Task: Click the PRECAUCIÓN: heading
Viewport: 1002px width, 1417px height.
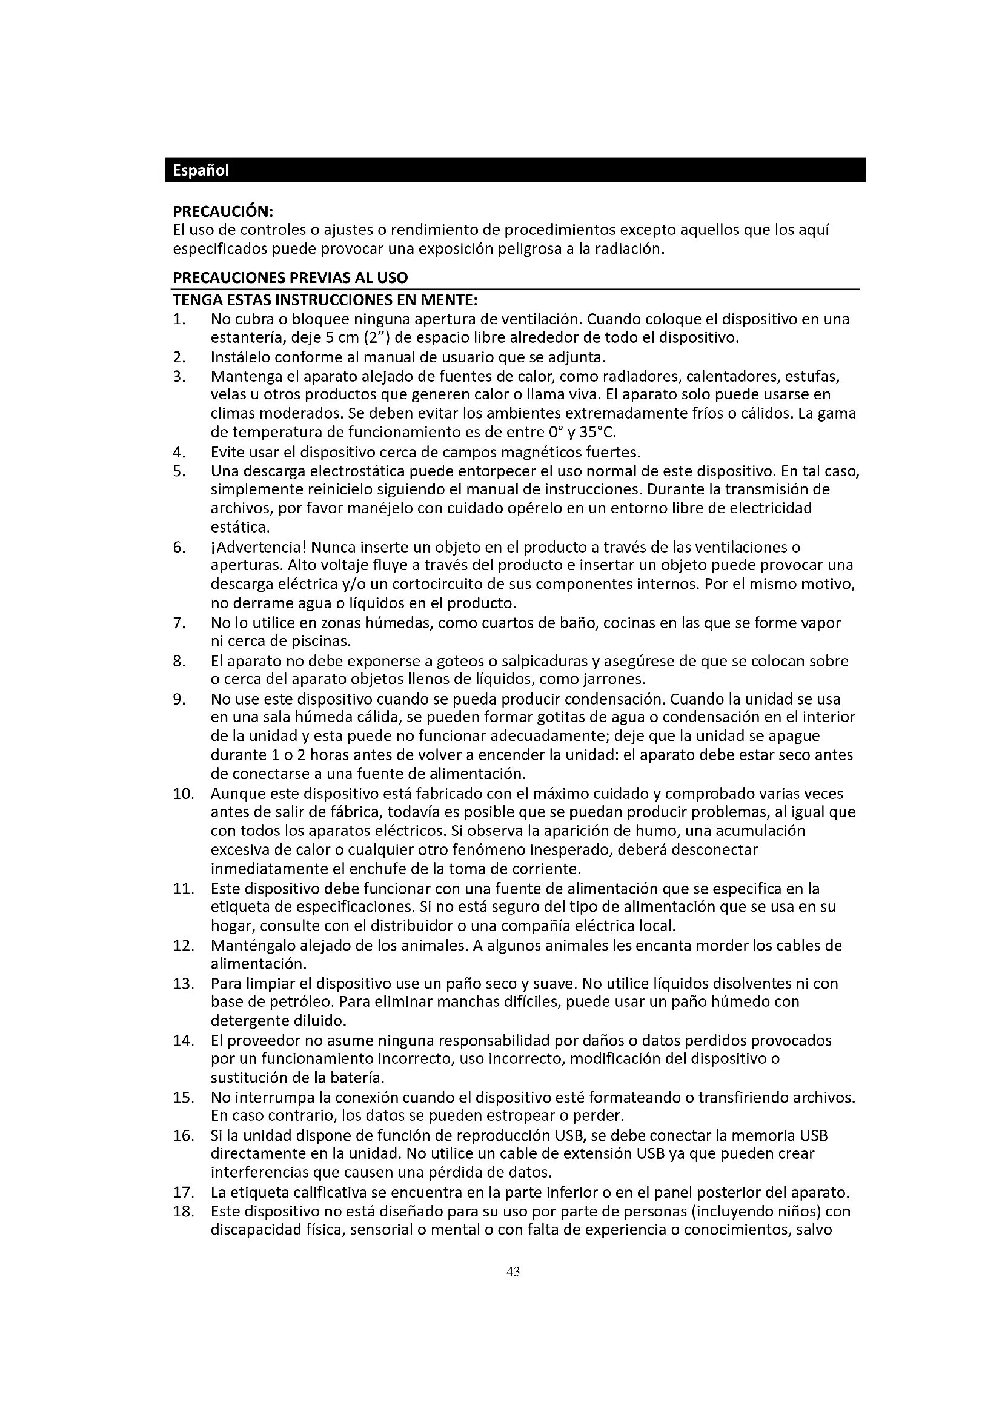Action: point(223,211)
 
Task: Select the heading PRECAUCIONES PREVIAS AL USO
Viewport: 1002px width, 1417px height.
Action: point(290,277)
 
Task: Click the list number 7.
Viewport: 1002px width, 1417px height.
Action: point(179,623)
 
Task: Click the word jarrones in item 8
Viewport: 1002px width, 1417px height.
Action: point(617,680)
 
